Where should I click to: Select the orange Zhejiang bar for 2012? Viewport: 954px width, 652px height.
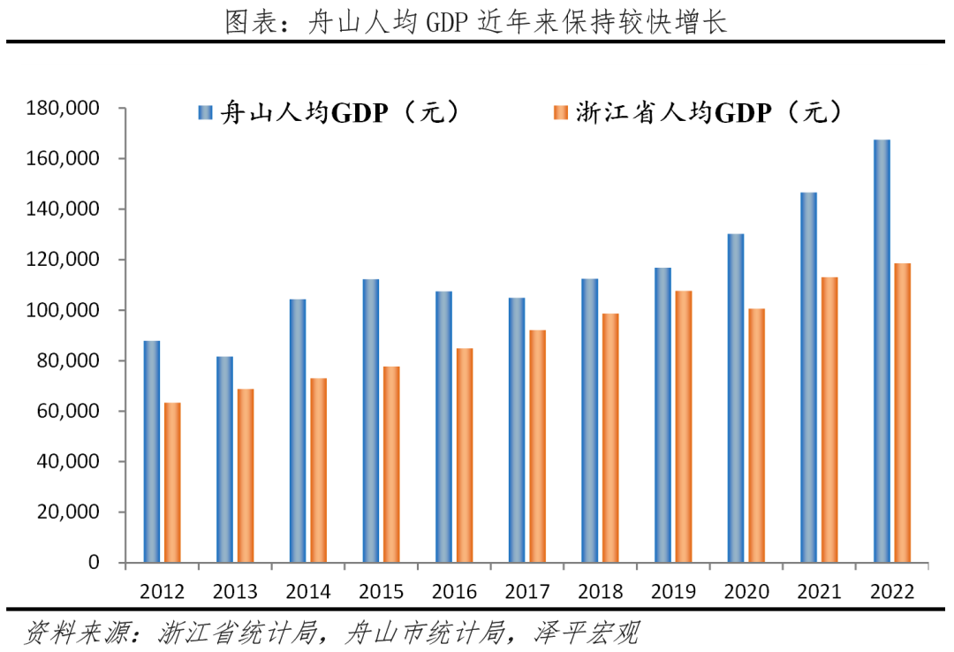tap(171, 482)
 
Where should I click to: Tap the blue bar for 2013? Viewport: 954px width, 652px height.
tap(225, 459)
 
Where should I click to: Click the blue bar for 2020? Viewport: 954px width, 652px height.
tap(736, 398)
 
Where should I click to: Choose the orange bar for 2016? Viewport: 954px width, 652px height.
tap(465, 455)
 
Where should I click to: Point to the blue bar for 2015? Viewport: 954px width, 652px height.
tap(371, 421)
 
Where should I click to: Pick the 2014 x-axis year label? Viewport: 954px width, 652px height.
tap(309, 589)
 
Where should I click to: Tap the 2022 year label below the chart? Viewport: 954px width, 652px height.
tap(892, 589)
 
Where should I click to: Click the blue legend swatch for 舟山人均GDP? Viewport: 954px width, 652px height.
tap(206, 112)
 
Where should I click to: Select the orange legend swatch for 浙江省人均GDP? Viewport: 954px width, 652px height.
tap(560, 112)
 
